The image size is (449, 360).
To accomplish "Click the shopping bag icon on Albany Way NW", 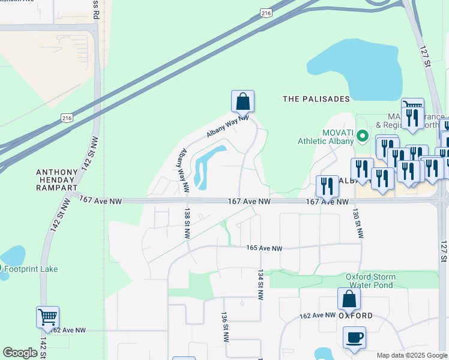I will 243,101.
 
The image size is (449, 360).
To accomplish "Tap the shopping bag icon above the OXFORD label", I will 349,299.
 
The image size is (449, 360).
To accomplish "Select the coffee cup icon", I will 354,337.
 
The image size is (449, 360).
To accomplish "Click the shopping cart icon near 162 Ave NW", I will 47,316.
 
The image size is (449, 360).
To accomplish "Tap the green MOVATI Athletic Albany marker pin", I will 362,136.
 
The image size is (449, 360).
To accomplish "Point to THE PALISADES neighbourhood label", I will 316,99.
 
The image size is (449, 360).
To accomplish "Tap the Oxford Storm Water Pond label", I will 370,281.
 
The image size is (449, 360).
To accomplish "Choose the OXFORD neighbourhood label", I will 355,316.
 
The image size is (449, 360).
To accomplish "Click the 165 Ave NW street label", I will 264,248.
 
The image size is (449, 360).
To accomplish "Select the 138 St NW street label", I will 188,223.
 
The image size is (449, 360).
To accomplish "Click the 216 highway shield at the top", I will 265,12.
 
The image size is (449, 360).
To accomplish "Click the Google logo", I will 20,353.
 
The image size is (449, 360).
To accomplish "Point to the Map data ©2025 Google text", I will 411,355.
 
